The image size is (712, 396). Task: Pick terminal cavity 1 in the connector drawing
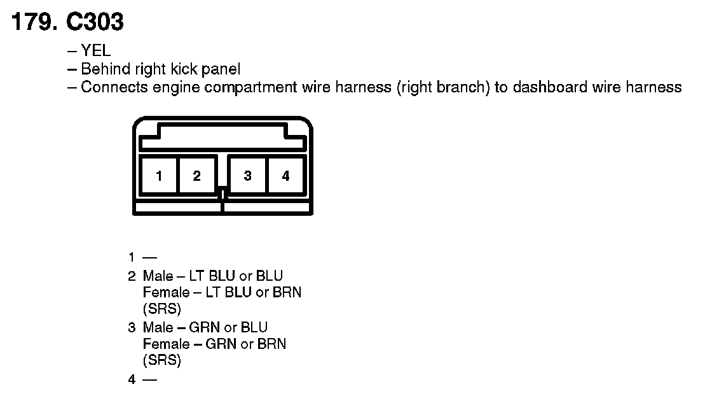click(158, 176)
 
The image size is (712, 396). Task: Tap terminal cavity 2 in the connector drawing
click(196, 176)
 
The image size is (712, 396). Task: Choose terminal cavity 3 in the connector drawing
click(247, 176)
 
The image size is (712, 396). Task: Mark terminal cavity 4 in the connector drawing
click(285, 176)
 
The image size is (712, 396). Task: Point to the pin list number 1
click(131, 258)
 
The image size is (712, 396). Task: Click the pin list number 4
click(132, 380)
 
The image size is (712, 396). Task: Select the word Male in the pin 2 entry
click(158, 276)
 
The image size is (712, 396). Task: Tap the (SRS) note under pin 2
click(162, 310)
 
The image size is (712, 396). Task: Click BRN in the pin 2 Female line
click(286, 293)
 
